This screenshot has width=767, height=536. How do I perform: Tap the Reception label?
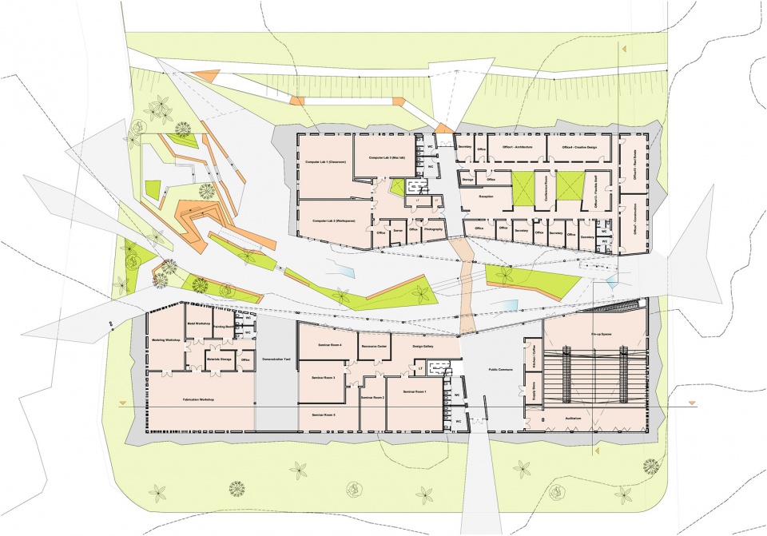pyautogui.click(x=486, y=195)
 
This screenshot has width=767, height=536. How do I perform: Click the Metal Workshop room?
pyautogui.click(x=197, y=323)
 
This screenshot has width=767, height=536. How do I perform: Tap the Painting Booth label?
pyautogui.click(x=225, y=327)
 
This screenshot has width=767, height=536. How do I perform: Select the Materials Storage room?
pyautogui.click(x=217, y=359)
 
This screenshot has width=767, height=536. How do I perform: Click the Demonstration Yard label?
pyautogui.click(x=278, y=360)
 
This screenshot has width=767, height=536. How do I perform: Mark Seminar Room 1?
pyautogui.click(x=415, y=392)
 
